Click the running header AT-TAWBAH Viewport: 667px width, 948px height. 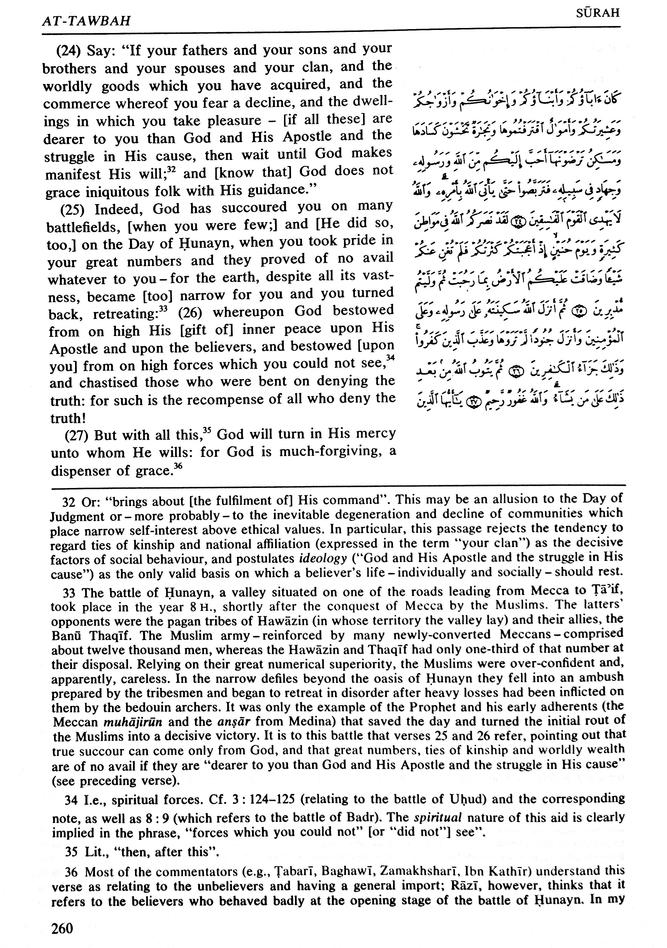(86, 21)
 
